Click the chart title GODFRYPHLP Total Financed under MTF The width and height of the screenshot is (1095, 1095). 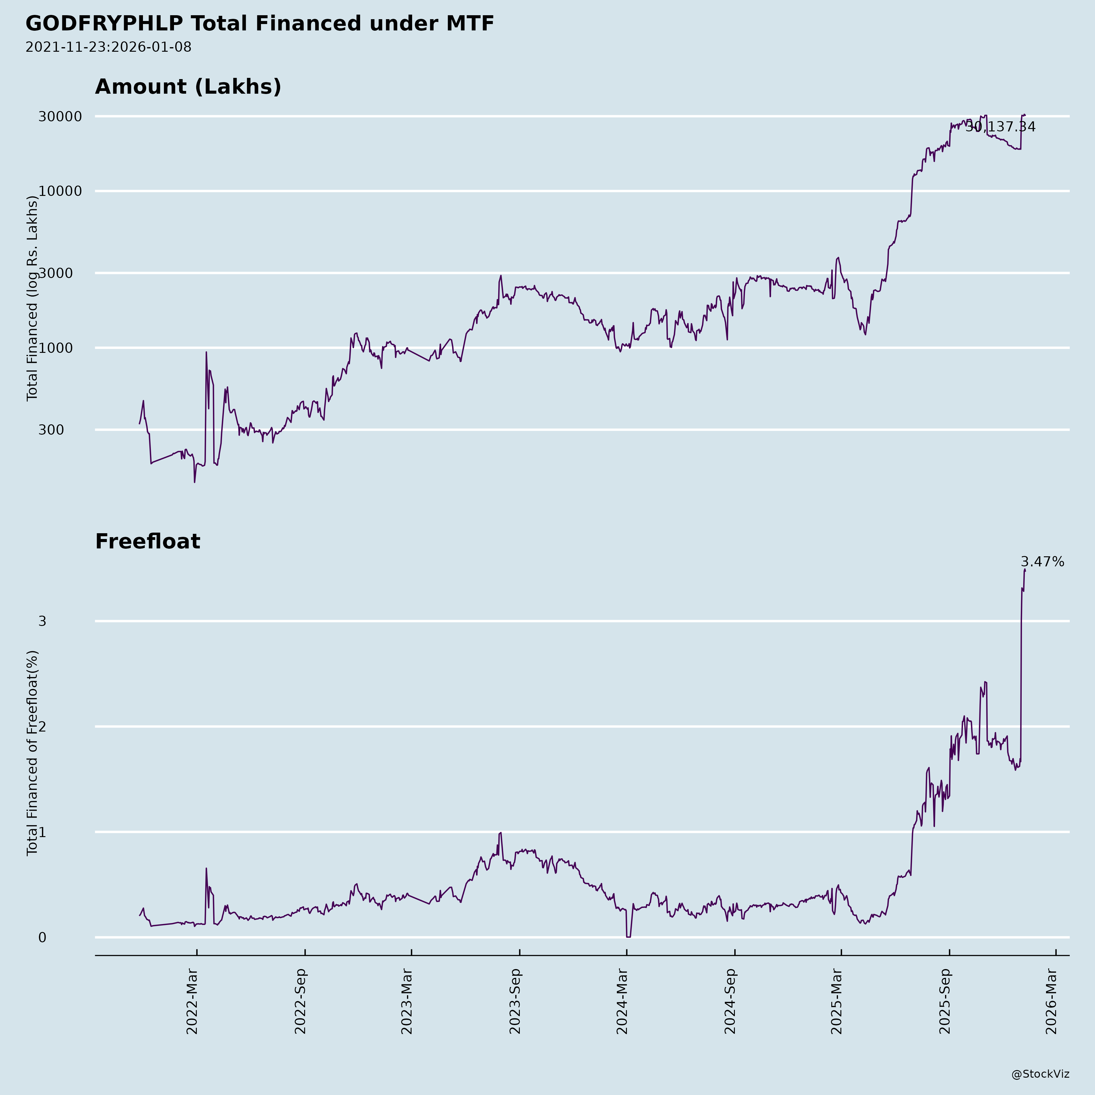(259, 24)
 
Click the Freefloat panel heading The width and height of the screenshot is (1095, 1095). (147, 541)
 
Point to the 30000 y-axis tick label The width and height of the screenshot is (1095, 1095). (60, 117)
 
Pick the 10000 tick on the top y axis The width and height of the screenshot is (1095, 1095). (60, 191)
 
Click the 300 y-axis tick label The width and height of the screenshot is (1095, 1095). (51, 430)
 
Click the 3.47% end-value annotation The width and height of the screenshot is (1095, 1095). (1042, 562)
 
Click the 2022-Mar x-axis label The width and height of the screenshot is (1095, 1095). (192, 1002)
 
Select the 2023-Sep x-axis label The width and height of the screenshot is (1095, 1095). (515, 1002)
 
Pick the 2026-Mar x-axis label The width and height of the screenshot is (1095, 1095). (1052, 1002)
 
